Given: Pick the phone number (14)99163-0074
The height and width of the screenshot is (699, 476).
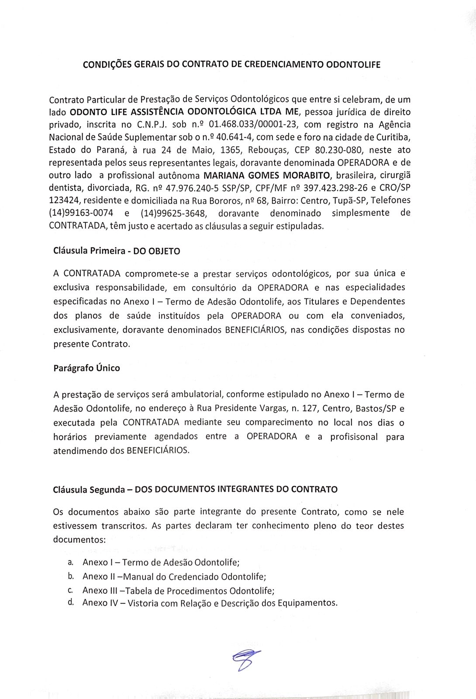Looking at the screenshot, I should click(81, 213).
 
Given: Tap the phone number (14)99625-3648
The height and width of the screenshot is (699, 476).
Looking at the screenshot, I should click(173, 213).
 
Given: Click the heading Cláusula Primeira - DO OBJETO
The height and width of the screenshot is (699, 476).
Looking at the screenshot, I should click(117, 251).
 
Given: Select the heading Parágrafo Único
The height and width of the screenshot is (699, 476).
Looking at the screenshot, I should click(86, 368).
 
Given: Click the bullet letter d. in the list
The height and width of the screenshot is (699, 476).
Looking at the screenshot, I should click(71, 602).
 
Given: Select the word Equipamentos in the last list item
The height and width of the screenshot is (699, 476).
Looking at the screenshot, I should click(311, 603).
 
